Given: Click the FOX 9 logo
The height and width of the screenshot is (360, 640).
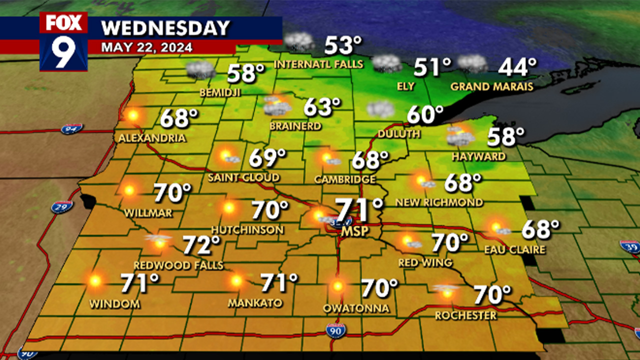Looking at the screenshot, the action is (63, 41).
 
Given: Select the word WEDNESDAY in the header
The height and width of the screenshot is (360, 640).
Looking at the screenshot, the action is (165, 28).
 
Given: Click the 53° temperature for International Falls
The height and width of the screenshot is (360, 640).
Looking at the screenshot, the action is (342, 45).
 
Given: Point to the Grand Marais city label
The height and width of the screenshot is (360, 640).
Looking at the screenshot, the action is (491, 86).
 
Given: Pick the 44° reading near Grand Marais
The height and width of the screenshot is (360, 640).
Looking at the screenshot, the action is (518, 66).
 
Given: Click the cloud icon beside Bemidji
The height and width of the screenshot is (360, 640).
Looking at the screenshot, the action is (200, 70).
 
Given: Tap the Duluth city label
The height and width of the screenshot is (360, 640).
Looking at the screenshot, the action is (399, 134).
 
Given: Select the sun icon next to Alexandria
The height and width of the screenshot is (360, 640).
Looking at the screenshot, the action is (132, 115).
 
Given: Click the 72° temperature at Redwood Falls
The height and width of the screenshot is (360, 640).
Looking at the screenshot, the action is (201, 245).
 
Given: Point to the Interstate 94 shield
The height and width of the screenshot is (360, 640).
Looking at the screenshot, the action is (71, 129).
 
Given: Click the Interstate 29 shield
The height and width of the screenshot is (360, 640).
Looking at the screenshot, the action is (61, 207).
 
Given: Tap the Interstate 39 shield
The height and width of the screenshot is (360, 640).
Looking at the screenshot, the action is (629, 247).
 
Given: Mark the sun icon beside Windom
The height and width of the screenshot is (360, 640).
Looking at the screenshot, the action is (94, 280).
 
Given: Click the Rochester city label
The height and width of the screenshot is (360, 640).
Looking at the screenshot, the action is (466, 315).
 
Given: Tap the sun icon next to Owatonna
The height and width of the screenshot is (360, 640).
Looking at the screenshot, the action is (337, 286).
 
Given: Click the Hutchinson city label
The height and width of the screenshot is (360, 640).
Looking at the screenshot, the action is (247, 230).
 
